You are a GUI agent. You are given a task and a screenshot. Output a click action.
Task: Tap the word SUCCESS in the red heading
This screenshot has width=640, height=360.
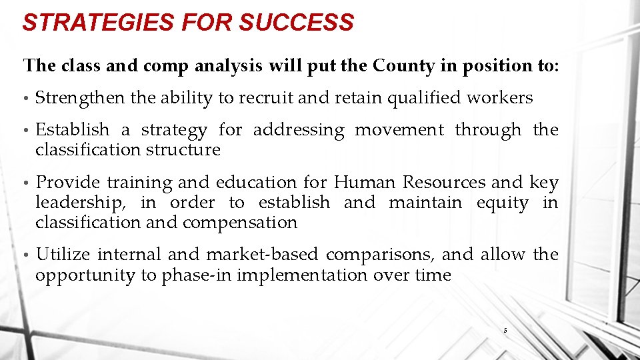click(296, 23)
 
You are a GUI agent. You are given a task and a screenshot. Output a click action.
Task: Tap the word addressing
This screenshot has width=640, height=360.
click(299, 130)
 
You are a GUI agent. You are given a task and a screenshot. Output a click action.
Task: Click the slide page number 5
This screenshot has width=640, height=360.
click(505, 330)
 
